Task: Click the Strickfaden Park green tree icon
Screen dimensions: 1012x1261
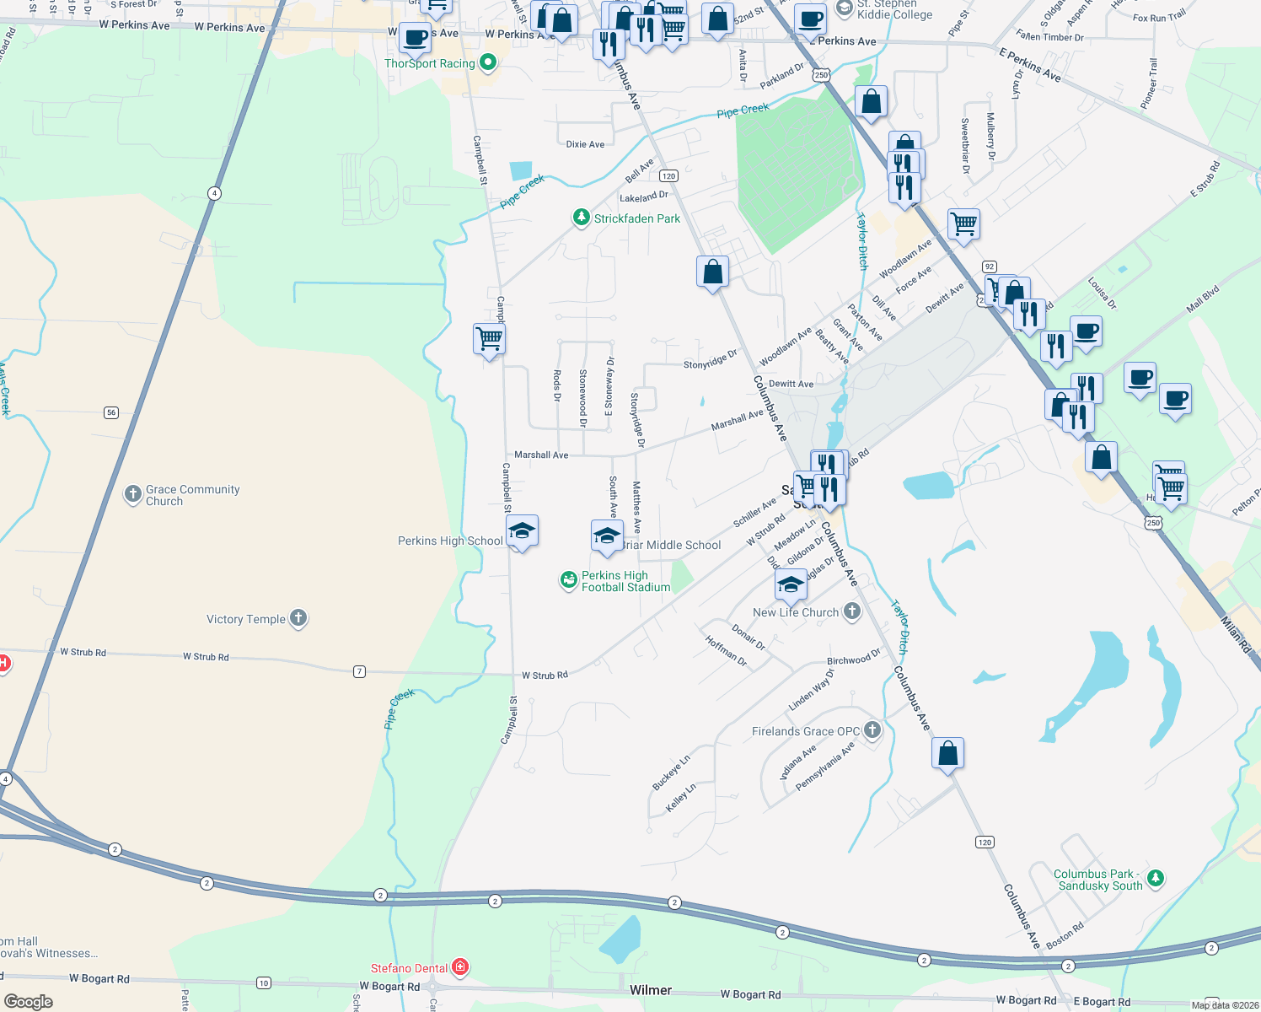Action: point(581,218)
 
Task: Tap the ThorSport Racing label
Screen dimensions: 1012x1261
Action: point(430,63)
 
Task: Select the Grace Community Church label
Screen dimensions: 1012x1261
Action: point(192,495)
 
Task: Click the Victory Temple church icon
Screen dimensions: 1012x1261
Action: point(298,618)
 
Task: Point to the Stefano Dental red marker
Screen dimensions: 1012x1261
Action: point(460,967)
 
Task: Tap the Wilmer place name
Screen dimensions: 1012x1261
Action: point(651,990)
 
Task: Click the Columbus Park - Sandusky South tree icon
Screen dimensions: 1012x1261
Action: point(1156,878)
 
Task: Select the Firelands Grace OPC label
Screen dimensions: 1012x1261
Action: point(806,731)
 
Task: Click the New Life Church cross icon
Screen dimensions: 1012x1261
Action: point(852,611)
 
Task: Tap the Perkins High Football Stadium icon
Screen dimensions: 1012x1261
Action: point(569,580)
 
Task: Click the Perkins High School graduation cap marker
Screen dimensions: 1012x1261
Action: point(522,531)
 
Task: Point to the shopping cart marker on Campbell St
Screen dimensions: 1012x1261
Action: point(489,339)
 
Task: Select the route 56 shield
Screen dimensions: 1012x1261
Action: point(111,412)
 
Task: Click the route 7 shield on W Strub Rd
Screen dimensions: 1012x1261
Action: point(360,671)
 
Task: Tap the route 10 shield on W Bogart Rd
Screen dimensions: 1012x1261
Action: point(264,982)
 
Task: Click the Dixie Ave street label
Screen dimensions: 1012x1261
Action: point(585,144)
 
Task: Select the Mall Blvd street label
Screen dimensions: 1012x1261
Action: point(1203,299)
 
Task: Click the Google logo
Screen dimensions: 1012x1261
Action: point(29,1001)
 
